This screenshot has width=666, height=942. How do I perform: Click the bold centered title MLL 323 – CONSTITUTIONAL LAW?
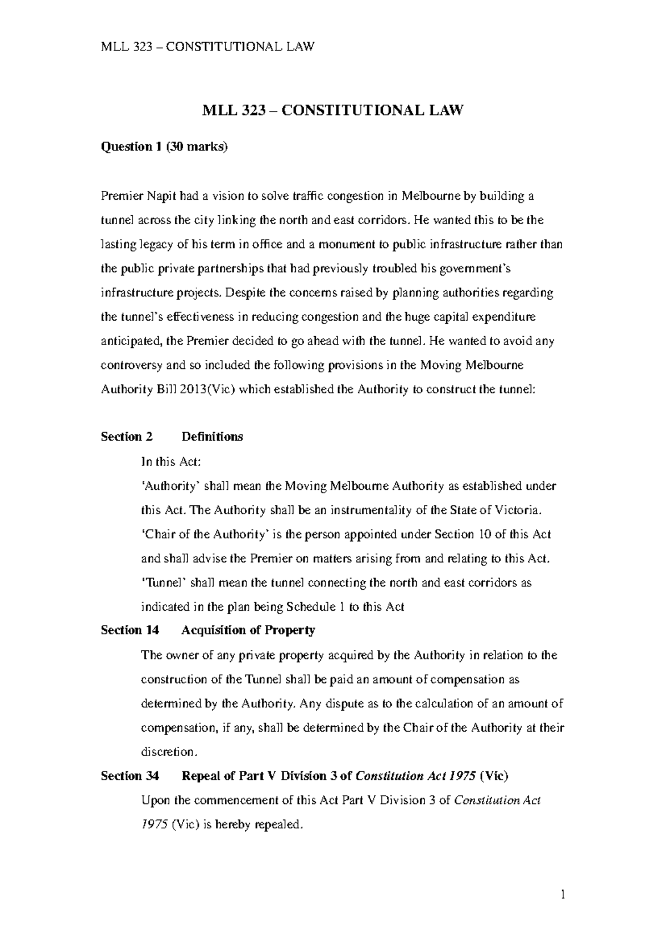[x=332, y=111]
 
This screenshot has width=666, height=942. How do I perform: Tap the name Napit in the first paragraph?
[x=161, y=196]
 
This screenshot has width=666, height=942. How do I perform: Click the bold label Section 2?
[x=127, y=437]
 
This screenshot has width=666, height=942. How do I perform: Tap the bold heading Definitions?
[x=212, y=437]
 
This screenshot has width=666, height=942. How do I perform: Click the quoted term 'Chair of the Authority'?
[x=205, y=535]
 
